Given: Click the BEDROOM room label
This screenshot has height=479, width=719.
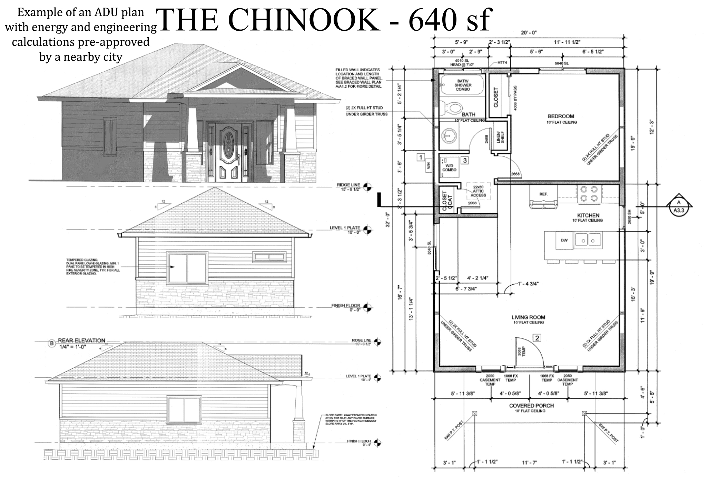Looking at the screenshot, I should [561, 116].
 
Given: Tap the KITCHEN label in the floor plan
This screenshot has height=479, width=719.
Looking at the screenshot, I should [588, 215].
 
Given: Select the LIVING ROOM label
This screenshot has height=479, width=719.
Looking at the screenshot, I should [528, 317].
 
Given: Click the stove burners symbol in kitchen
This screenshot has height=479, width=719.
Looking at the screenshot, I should [589, 194].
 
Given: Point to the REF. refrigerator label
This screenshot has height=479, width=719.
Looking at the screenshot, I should [543, 194].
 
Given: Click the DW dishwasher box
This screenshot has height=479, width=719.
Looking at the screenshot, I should [564, 240].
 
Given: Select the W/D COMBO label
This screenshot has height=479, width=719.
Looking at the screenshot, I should [449, 167].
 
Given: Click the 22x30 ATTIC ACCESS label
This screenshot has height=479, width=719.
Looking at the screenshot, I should [478, 191].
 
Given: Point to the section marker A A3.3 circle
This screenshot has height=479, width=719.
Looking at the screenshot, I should [679, 206].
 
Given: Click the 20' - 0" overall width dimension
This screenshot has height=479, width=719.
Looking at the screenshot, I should [529, 33].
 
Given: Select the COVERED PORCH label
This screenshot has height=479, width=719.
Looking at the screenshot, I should [531, 406].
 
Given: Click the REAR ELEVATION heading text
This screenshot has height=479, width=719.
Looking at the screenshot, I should [81, 340].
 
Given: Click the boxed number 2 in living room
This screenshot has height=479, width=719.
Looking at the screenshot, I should [537, 338].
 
